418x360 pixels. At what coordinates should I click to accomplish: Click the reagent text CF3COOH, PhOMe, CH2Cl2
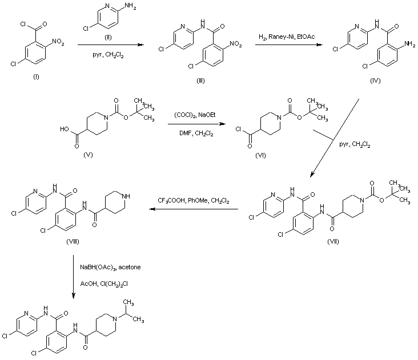[194, 200]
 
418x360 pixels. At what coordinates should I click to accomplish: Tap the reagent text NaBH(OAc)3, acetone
[109, 267]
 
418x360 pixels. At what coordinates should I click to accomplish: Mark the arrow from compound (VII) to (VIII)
[194, 209]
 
